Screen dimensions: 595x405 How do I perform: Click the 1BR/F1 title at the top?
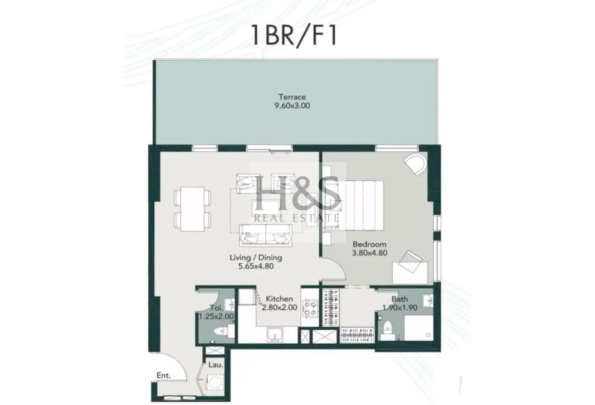tap(294, 36)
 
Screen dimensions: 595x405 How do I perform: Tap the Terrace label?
tap(292, 97)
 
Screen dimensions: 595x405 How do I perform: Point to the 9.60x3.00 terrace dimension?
tap(292, 106)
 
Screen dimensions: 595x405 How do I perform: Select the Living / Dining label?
tap(256, 257)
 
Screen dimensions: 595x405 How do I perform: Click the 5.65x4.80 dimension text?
tap(256, 266)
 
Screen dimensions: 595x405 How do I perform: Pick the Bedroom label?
tap(370, 244)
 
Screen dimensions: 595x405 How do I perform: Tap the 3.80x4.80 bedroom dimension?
tap(370, 253)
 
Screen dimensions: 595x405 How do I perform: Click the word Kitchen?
tap(279, 299)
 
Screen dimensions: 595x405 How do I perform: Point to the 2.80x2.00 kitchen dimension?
tap(279, 308)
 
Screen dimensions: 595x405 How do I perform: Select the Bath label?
tap(400, 299)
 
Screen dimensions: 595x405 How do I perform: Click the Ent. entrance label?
tap(163, 375)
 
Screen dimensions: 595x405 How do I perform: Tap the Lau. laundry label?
tap(215, 365)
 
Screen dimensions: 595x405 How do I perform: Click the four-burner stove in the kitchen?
tap(310, 308)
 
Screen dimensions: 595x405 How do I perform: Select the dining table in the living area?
tap(192, 209)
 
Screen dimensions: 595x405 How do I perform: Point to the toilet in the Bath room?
tap(388, 330)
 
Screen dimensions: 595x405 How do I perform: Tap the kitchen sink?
tap(275, 335)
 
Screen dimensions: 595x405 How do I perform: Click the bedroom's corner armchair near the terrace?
tap(415, 164)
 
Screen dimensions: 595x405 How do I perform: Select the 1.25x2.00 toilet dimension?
tap(216, 316)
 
